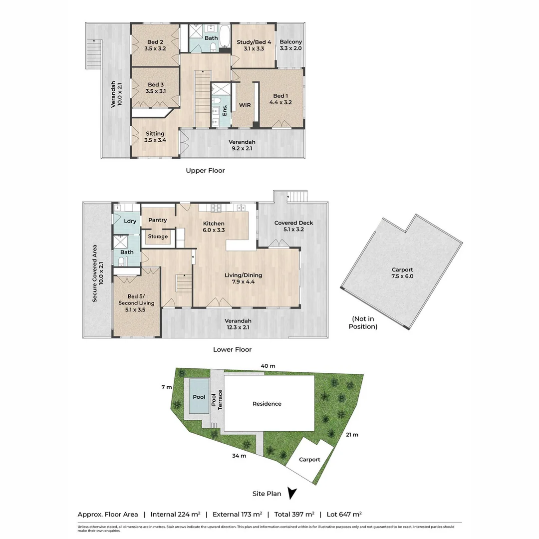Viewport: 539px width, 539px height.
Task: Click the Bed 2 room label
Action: pyautogui.click(x=155, y=45)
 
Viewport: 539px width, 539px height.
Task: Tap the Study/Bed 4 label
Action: pyautogui.click(x=254, y=45)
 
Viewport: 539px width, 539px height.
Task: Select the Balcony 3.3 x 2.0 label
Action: pyautogui.click(x=291, y=45)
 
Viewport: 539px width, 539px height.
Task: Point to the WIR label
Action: pyautogui.click(x=245, y=105)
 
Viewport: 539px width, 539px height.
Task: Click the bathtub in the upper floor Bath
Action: pyautogui.click(x=225, y=37)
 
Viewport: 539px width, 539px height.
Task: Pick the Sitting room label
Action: pyautogui.click(x=155, y=137)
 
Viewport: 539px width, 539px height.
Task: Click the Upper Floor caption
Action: pyautogui.click(x=205, y=171)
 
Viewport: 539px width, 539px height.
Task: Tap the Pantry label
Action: pyautogui.click(x=157, y=220)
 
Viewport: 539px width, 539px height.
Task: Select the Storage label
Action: pyautogui.click(x=158, y=237)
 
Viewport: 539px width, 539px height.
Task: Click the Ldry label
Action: pyautogui.click(x=130, y=221)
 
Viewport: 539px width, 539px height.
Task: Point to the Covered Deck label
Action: pyautogui.click(x=293, y=226)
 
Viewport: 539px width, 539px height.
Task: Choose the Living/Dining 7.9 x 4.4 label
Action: pyautogui.click(x=244, y=278)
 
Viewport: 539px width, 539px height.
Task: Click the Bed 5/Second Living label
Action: pyautogui.click(x=136, y=303)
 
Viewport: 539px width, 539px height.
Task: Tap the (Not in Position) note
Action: pyautogui.click(x=363, y=323)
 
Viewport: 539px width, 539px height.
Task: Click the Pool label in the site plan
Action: pyautogui.click(x=199, y=397)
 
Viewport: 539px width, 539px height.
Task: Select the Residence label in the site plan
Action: pyautogui.click(x=267, y=404)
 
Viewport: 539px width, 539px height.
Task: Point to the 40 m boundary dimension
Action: pyautogui.click(x=268, y=366)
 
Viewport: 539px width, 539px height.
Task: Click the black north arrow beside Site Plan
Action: pyautogui.click(x=292, y=493)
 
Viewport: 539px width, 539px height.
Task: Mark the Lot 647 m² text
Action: pyautogui.click(x=344, y=514)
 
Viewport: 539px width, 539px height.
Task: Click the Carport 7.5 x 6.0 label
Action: pyautogui.click(x=402, y=273)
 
